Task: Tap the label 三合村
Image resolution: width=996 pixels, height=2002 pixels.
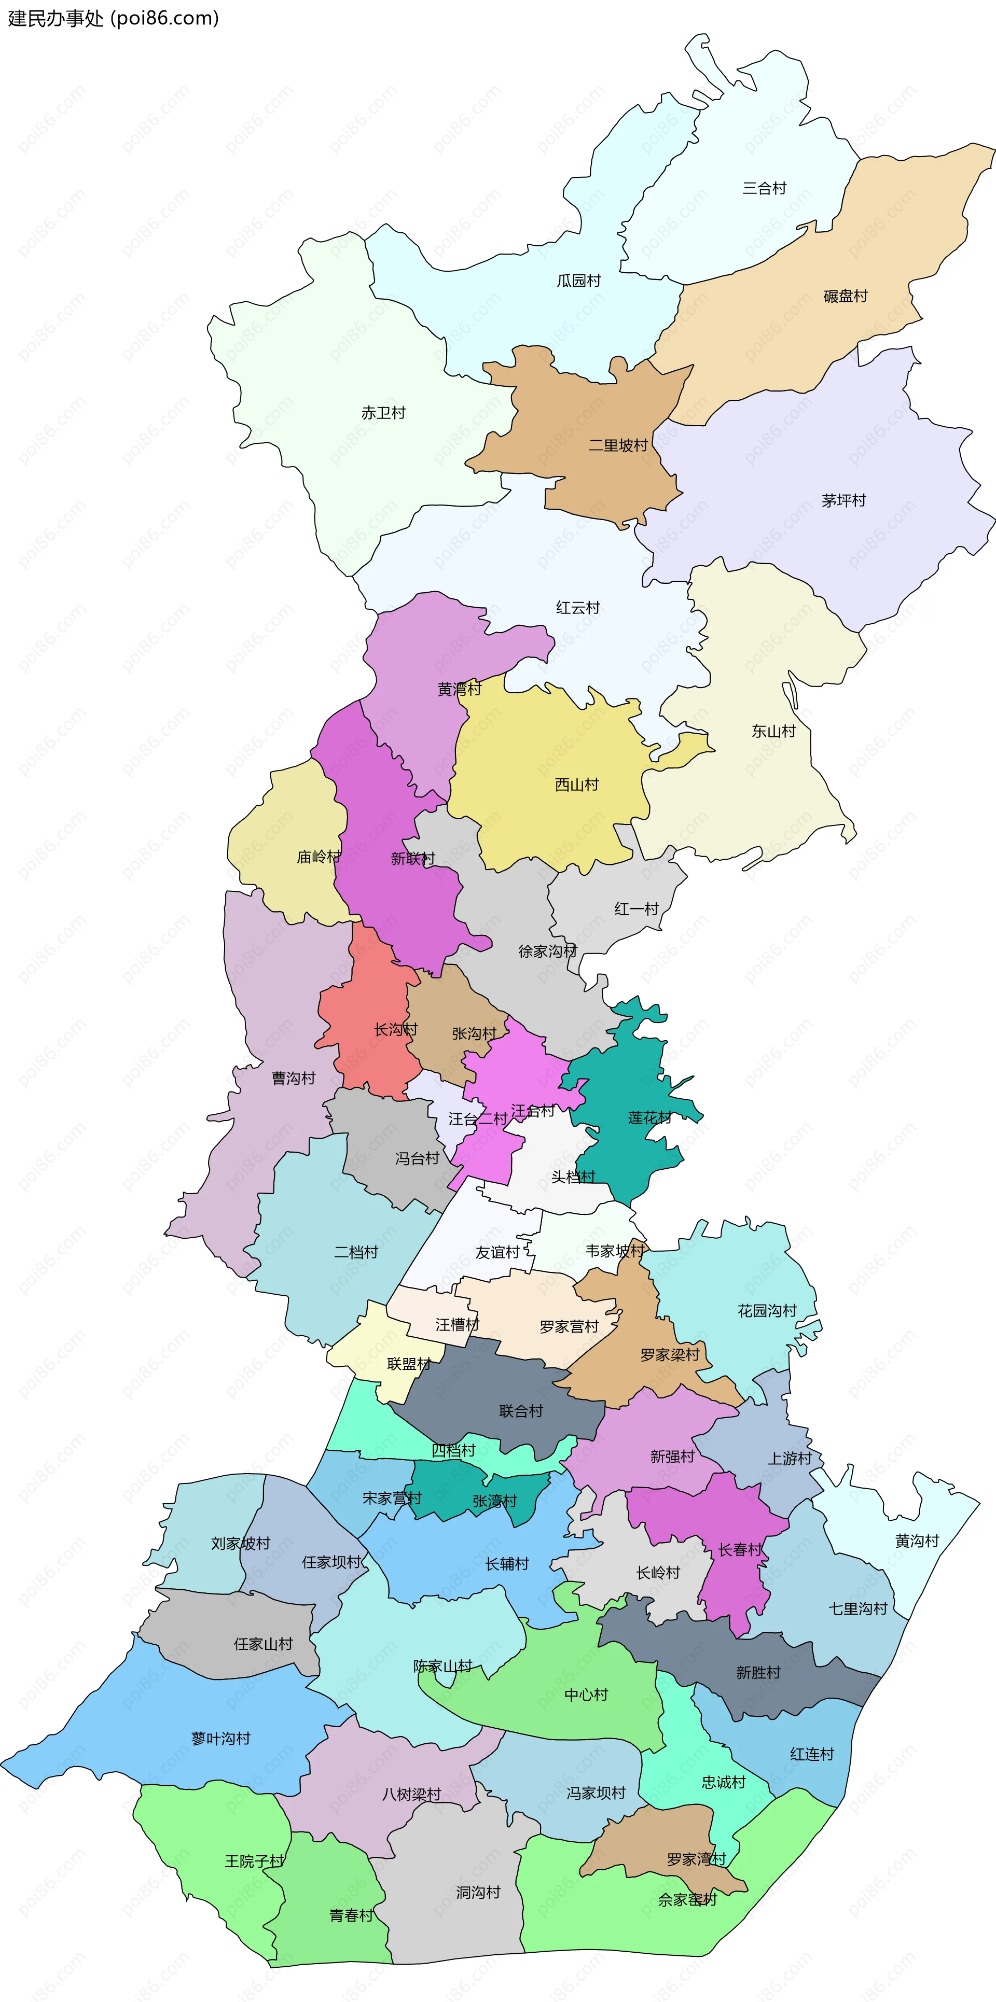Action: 764,188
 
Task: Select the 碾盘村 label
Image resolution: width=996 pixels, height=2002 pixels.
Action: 845,296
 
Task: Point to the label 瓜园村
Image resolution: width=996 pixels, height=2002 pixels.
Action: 578,281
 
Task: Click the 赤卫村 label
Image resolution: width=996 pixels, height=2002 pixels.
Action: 383,413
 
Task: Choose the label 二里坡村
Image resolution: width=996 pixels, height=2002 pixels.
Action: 618,445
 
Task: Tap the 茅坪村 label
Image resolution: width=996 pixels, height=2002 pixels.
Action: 843,500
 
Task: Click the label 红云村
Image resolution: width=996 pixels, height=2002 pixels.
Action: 578,608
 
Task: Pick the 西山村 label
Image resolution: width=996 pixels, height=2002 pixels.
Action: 577,785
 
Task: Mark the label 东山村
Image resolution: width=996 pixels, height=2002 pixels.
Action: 773,731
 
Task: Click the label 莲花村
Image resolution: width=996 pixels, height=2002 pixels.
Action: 649,1117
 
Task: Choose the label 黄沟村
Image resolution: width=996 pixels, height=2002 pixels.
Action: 918,1541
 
